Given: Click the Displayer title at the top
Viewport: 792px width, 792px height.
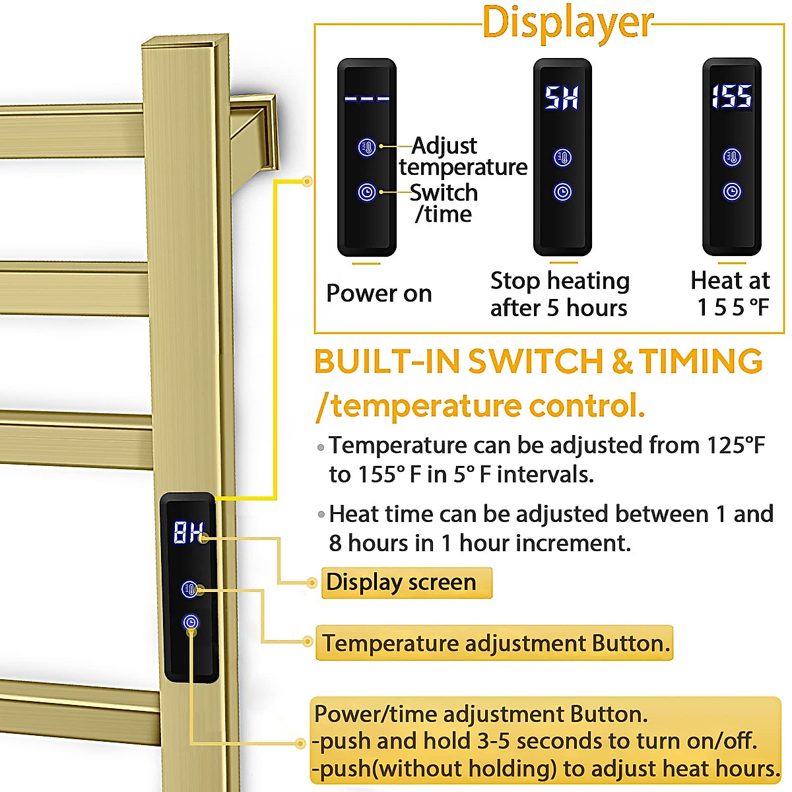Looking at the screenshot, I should click(568, 22).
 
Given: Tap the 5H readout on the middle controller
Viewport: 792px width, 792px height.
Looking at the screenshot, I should click(562, 98).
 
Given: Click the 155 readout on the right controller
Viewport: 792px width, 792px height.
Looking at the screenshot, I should click(731, 97).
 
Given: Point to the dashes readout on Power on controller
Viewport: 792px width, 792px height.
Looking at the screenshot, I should click(367, 99).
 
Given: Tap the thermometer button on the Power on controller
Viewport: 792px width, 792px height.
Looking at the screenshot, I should click(367, 147).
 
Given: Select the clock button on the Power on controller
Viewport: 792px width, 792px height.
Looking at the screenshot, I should click(367, 192).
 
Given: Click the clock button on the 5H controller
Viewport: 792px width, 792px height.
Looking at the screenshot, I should click(562, 192).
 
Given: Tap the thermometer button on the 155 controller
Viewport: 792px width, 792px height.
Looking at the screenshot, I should click(732, 157).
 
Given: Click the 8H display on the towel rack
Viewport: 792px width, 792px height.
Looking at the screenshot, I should click(188, 532).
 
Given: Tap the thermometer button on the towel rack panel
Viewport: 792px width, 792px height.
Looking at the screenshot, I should click(190, 589).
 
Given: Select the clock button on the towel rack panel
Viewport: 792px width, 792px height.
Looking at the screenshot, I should click(191, 622).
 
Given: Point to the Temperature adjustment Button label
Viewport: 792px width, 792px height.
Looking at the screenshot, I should click(495, 643).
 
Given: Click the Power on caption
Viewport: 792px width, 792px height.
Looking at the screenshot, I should click(379, 293).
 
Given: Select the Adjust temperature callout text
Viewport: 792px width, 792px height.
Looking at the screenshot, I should click(462, 156).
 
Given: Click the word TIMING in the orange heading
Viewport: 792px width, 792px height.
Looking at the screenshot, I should click(700, 362).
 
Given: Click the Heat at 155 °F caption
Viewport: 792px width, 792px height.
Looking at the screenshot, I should click(731, 294).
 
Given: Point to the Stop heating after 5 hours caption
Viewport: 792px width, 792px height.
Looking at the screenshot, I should click(560, 294).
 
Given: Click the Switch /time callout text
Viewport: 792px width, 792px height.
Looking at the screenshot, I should click(443, 203).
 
